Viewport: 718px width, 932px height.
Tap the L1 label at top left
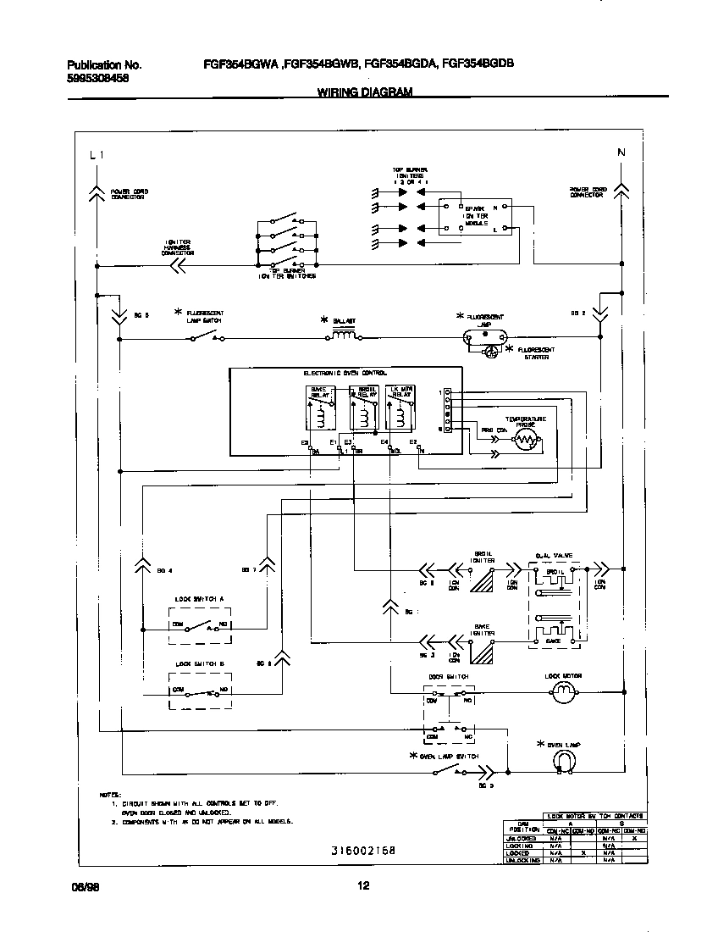pyautogui.click(x=97, y=154)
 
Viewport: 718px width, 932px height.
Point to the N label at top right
pyautogui.click(x=621, y=153)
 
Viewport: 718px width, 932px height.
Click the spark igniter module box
pyautogui.click(x=474, y=217)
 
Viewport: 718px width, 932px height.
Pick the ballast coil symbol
pyautogui.click(x=344, y=336)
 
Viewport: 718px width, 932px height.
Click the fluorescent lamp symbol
pyautogui.click(x=485, y=337)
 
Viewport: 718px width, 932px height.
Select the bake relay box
pyautogui.click(x=319, y=408)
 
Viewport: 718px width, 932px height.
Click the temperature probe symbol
pyautogui.click(x=527, y=438)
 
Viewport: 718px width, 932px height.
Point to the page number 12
pyautogui.click(x=363, y=886)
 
